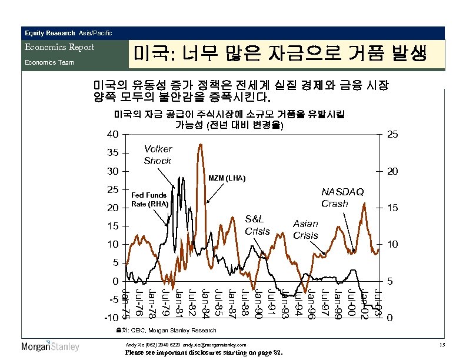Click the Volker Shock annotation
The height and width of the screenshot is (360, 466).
point(158,155)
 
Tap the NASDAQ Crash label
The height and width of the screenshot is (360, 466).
point(342,198)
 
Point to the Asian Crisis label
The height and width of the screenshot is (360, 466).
point(305,229)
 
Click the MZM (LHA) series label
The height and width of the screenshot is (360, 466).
point(227,178)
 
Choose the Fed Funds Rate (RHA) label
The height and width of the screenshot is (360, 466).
point(149,199)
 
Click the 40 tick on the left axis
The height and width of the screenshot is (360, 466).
point(113,135)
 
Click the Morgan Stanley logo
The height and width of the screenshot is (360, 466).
point(50,346)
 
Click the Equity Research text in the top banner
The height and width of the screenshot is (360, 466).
point(50,33)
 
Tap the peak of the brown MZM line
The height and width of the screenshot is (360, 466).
point(201,144)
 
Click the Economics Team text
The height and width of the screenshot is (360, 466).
point(49,62)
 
